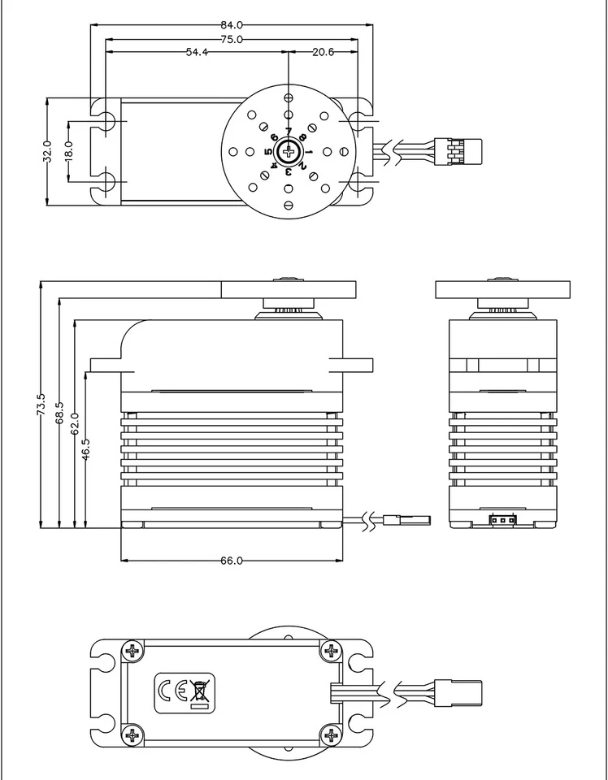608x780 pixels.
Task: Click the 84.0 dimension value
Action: click(x=232, y=24)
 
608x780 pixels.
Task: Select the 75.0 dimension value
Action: click(x=232, y=38)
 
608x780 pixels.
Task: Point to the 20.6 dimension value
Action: click(x=323, y=52)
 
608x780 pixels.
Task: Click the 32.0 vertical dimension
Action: click(x=47, y=151)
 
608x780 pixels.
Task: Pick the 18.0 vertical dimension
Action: click(x=68, y=151)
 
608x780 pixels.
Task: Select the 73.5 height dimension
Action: click(x=41, y=405)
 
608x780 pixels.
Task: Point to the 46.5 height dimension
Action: click(x=86, y=448)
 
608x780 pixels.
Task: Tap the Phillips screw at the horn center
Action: click(x=289, y=151)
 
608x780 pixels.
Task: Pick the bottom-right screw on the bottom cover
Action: click(x=330, y=736)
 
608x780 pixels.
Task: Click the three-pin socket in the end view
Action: click(x=502, y=519)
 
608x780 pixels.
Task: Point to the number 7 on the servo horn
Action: click(x=289, y=132)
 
